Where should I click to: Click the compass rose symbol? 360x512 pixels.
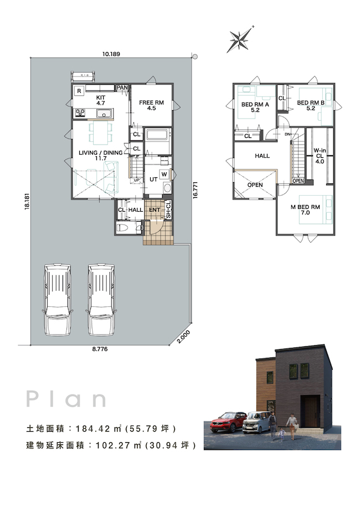(241, 39)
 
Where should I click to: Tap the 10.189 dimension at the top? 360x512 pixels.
(111, 54)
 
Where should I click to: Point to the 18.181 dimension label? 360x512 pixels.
(27, 202)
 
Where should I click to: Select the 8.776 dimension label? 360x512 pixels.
(100, 349)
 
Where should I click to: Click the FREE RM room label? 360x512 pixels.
(151, 103)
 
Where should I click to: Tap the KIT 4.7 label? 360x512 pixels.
(101, 100)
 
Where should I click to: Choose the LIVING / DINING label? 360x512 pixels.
(101, 152)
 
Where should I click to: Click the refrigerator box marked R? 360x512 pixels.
(79, 91)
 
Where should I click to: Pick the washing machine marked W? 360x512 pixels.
(164, 175)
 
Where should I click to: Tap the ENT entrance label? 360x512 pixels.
(155, 209)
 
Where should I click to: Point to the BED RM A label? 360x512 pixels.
(255, 105)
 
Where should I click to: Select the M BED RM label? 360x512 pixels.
(305, 207)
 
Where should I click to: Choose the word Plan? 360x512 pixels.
(66, 399)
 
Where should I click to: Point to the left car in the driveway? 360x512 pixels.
(57, 299)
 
